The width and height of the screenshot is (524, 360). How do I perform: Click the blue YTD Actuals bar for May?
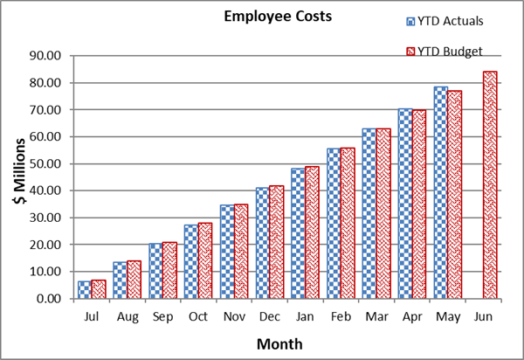tap(440, 192)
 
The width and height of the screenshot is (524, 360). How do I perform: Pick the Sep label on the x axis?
tap(162, 315)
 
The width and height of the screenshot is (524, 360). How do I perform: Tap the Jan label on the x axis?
tap(304, 315)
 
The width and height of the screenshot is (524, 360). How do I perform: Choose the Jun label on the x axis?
tap(482, 315)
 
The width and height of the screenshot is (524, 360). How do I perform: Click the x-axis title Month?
tap(279, 343)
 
